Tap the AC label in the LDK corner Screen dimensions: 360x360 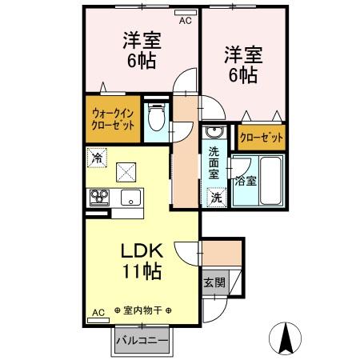(x=98, y=312)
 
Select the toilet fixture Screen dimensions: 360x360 (x=156, y=121)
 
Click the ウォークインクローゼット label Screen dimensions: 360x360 (x=113, y=119)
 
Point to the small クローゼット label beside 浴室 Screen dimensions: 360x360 (x=262, y=138)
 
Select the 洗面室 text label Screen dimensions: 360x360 (x=214, y=162)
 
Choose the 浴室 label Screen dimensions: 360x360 (x=246, y=180)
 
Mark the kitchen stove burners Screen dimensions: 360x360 (x=100, y=197)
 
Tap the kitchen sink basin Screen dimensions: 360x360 (x=128, y=198)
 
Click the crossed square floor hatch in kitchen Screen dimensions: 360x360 (x=126, y=171)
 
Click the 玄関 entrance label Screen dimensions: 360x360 (x=214, y=282)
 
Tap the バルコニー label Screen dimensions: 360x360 (x=142, y=340)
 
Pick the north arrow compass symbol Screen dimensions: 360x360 (x=286, y=338)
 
